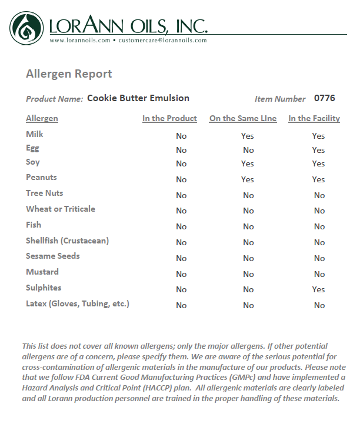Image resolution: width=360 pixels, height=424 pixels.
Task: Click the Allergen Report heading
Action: (69, 74)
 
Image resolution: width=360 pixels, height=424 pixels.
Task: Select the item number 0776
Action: (325, 98)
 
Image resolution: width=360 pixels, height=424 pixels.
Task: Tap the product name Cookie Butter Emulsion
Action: (138, 98)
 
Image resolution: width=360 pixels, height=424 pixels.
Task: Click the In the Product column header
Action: (169, 119)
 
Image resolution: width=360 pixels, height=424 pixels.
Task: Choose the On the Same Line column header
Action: (243, 119)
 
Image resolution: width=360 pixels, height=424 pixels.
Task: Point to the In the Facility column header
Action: (314, 119)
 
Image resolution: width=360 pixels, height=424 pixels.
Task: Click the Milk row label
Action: (35, 134)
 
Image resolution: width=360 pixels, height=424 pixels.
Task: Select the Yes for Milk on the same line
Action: (248, 136)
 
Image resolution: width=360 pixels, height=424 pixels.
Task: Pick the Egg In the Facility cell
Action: (319, 150)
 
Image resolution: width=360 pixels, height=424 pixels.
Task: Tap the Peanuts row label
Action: (41, 177)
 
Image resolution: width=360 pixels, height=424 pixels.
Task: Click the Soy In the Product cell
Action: (181, 164)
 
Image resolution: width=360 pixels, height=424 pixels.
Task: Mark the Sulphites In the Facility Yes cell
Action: (319, 289)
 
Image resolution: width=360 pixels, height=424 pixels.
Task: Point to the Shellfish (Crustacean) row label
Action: (67, 241)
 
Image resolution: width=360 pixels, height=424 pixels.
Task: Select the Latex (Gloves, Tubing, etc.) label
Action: (78, 303)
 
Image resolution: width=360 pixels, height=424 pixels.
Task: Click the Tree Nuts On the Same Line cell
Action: (248, 195)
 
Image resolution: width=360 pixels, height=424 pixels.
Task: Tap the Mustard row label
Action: (42, 272)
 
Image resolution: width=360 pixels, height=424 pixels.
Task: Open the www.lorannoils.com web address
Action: (80, 41)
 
